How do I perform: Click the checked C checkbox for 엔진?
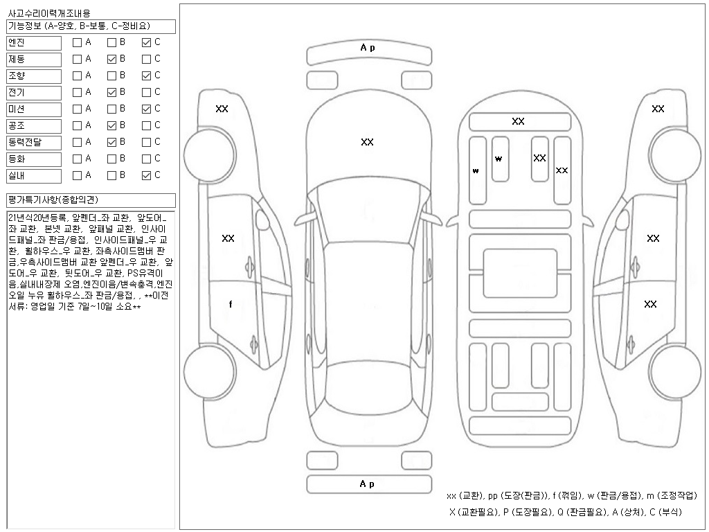click(x=146, y=42)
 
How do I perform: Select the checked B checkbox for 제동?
click(x=111, y=59)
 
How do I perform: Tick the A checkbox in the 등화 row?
click(x=77, y=159)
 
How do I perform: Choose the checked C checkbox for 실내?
click(x=146, y=175)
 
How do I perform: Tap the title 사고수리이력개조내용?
click(x=48, y=13)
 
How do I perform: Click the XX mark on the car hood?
click(x=367, y=142)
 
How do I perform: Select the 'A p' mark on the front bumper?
click(x=367, y=48)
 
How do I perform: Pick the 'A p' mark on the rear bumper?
click(x=367, y=484)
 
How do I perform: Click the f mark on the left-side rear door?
click(x=231, y=304)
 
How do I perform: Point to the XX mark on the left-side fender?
click(x=222, y=109)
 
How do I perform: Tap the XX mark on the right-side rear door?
click(x=650, y=304)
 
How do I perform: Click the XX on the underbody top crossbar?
click(x=518, y=121)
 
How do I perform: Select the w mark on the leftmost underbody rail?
click(x=476, y=170)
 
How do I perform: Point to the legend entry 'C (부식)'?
click(x=665, y=512)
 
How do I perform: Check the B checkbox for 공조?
click(x=111, y=125)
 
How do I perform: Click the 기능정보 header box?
click(x=91, y=26)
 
